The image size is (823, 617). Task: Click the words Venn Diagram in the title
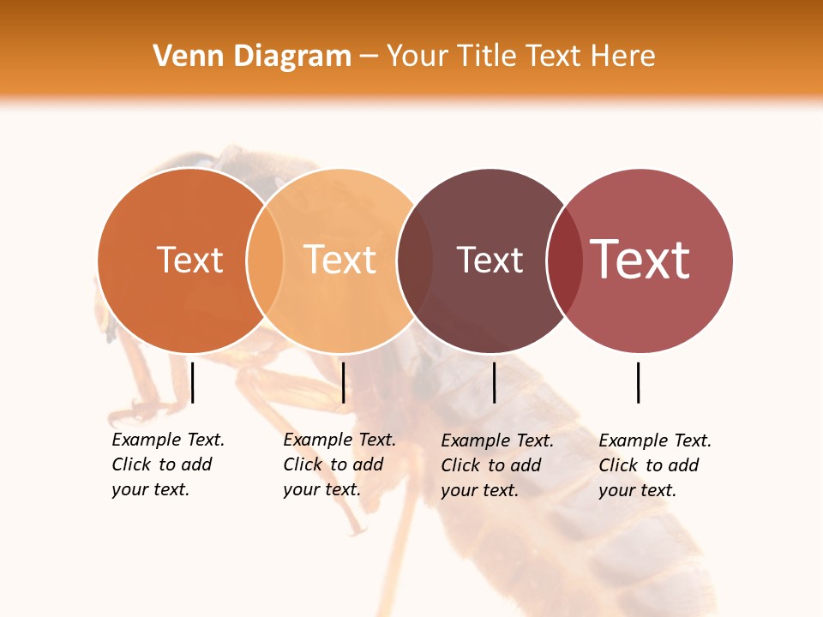pos(252,57)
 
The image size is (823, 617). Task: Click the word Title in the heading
pos(487,57)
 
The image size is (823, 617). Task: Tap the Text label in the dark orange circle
pos(189,260)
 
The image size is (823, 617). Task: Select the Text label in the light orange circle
pos(339,260)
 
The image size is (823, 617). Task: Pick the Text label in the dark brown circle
pos(490,260)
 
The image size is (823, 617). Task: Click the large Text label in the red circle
pos(640,260)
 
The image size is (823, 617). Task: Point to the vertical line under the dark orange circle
pos(193,382)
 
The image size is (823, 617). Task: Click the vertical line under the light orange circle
pos(343,382)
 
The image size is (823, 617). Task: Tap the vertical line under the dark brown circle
pos(494,382)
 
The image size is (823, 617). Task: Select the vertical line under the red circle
pos(639,382)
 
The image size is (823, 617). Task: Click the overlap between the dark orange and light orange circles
pos(265,261)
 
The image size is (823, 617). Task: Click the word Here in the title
pos(623,57)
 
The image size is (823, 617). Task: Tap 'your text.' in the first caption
pos(150,489)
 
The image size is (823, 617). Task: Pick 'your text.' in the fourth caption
pos(637,490)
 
